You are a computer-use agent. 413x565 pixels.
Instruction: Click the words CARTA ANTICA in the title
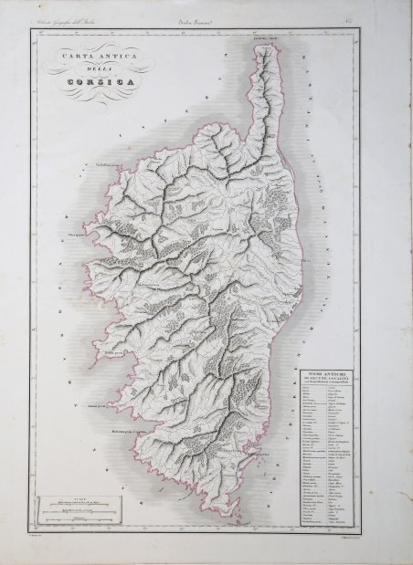point(96,57)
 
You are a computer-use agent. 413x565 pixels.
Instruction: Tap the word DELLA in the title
point(95,71)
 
